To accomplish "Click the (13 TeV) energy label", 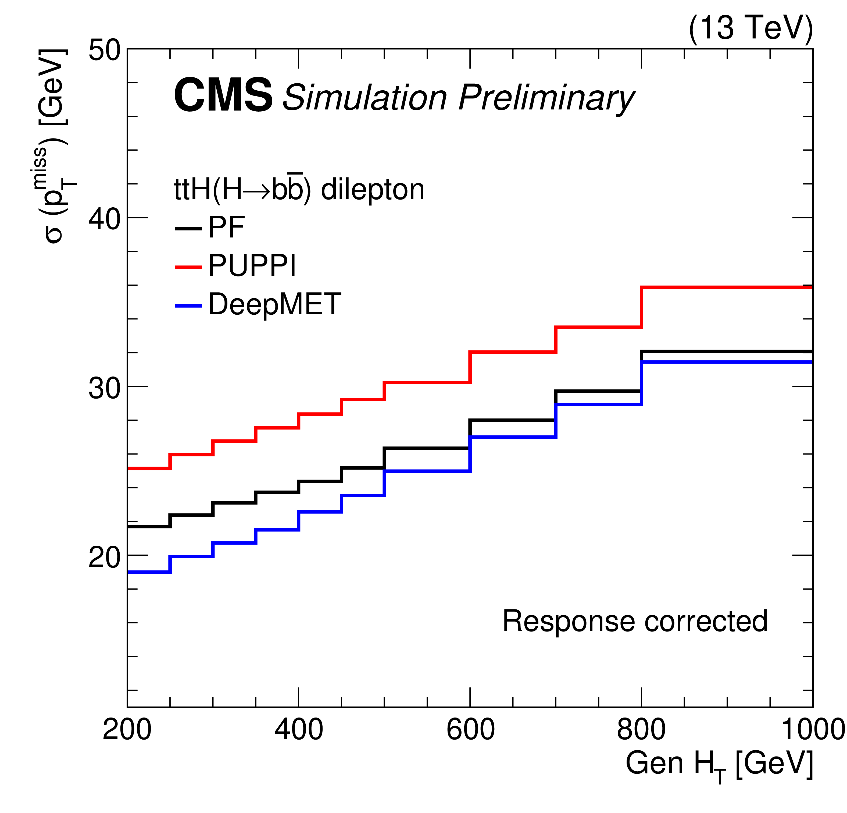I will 750,28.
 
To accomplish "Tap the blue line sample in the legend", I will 188,306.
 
